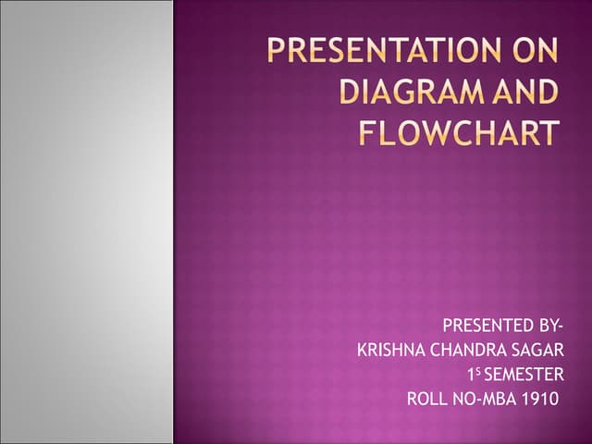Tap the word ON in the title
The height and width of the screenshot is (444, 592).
pos(536,50)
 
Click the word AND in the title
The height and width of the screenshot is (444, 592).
pos(524,92)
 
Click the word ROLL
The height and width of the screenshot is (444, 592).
pos(426,400)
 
